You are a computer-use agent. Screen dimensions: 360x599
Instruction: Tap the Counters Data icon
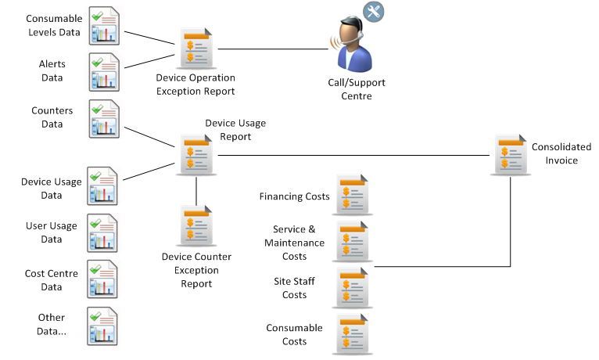tap(105, 118)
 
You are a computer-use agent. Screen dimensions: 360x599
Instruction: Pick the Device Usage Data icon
tap(105, 185)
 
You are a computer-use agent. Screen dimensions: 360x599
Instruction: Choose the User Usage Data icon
tap(105, 232)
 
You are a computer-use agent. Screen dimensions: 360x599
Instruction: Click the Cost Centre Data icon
tap(105, 279)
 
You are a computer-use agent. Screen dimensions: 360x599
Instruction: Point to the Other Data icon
tap(105, 326)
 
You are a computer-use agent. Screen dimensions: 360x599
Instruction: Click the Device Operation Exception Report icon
tap(195, 49)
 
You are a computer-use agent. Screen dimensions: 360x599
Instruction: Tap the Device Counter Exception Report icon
tap(195, 226)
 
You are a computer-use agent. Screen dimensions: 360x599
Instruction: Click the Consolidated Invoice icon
tap(510, 153)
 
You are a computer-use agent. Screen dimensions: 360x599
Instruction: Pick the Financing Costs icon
tap(350, 196)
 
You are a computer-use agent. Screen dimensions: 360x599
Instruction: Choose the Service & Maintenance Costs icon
tap(350, 241)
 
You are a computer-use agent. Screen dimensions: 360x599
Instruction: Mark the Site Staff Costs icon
tap(350, 288)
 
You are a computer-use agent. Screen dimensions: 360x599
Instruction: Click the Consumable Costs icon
tap(350, 334)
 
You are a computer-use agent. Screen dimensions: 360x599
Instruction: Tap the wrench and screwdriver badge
tap(374, 13)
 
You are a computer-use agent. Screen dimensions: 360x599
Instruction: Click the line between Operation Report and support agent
tap(270, 50)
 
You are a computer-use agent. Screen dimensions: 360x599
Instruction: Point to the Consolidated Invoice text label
tap(554, 153)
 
